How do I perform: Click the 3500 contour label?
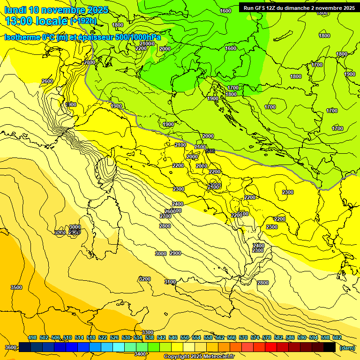point(16,287)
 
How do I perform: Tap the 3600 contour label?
point(10,347)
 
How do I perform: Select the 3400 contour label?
point(140,354)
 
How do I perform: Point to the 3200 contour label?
point(145,279)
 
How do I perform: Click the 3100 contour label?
point(170,282)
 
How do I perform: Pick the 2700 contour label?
point(165,216)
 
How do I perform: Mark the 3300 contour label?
point(148,332)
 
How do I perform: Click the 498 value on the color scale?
point(32,337)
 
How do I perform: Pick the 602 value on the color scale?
point(337,337)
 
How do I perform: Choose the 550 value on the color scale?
point(185,337)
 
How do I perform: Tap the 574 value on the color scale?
point(255,337)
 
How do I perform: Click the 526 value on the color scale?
point(114,337)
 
